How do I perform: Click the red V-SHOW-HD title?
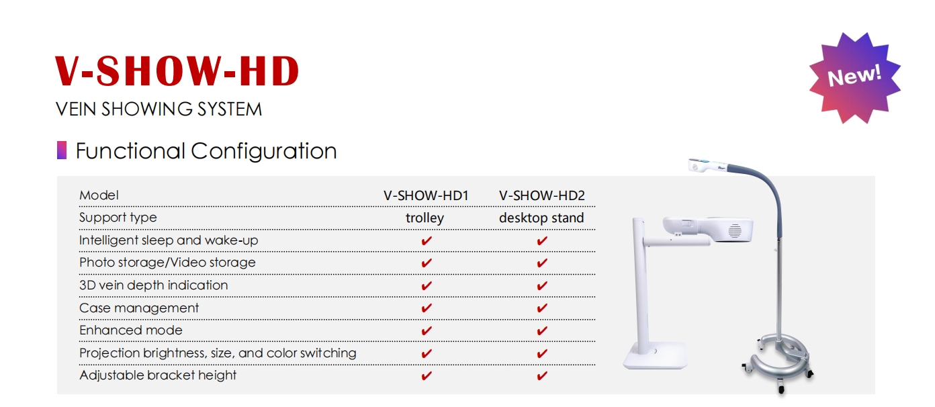click(177, 71)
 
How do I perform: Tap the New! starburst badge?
click(855, 78)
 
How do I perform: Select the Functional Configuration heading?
click(206, 151)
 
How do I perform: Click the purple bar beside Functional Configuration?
click(62, 150)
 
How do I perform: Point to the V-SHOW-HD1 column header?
click(426, 195)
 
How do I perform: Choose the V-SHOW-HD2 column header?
click(542, 195)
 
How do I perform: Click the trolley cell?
click(425, 218)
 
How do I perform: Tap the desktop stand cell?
click(541, 218)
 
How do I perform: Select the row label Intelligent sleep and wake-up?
click(169, 240)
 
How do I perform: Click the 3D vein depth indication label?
click(154, 285)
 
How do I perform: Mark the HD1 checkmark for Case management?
click(426, 308)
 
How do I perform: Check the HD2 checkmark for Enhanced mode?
click(542, 331)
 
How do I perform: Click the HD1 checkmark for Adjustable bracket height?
click(426, 376)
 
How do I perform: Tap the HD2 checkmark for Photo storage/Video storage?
click(542, 263)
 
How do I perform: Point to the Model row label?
click(99, 195)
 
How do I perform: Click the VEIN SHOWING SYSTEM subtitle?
click(159, 109)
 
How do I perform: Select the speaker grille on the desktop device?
click(735, 230)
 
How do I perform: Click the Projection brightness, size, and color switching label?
click(218, 353)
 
